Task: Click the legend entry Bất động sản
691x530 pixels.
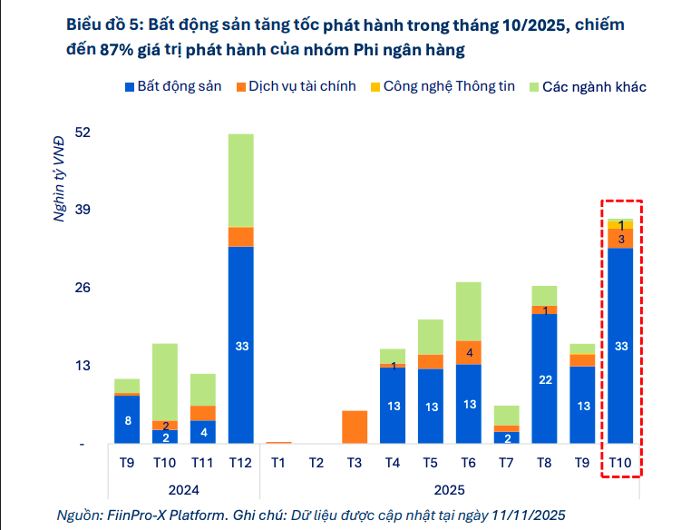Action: click(179, 87)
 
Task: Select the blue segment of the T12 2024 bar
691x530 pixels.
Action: click(241, 345)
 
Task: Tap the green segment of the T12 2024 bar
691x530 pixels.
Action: click(241, 180)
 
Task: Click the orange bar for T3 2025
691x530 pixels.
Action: click(355, 427)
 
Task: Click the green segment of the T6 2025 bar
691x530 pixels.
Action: click(469, 311)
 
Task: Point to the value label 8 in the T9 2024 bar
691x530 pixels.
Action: click(127, 420)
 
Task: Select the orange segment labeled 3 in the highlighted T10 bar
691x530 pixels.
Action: click(621, 239)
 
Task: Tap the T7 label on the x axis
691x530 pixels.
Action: click(506, 462)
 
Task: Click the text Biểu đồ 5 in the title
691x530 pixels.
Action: click(98, 25)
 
